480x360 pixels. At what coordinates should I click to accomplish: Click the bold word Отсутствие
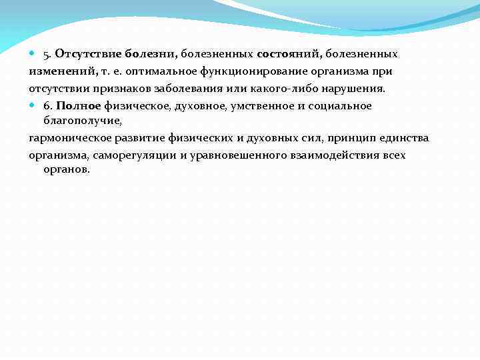[83, 53]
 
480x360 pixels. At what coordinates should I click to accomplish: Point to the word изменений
[58, 71]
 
